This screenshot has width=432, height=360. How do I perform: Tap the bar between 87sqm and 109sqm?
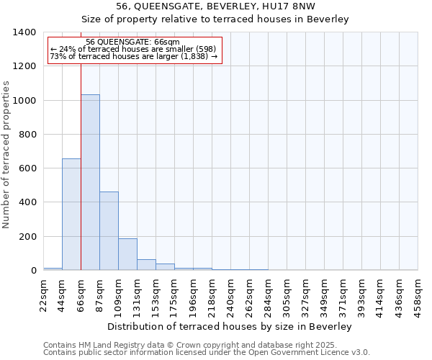pyautogui.click(x=109, y=231)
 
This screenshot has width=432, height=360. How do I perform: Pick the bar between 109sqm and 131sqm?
pyautogui.click(x=127, y=254)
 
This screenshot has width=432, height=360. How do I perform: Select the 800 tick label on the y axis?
pyautogui.click(x=27, y=135)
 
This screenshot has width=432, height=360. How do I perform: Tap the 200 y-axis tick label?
pyautogui.click(x=27, y=237)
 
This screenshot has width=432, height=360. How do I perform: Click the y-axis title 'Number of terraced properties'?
pyautogui.click(x=6, y=154)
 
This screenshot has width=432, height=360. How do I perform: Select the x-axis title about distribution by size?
pyautogui.click(x=230, y=327)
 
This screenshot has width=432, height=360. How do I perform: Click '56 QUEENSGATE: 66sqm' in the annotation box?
pyautogui.click(x=132, y=42)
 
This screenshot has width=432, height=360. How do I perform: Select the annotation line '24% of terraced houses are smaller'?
pyautogui.click(x=134, y=49)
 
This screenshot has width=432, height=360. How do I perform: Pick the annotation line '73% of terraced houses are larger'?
pyautogui.click(x=134, y=56)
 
